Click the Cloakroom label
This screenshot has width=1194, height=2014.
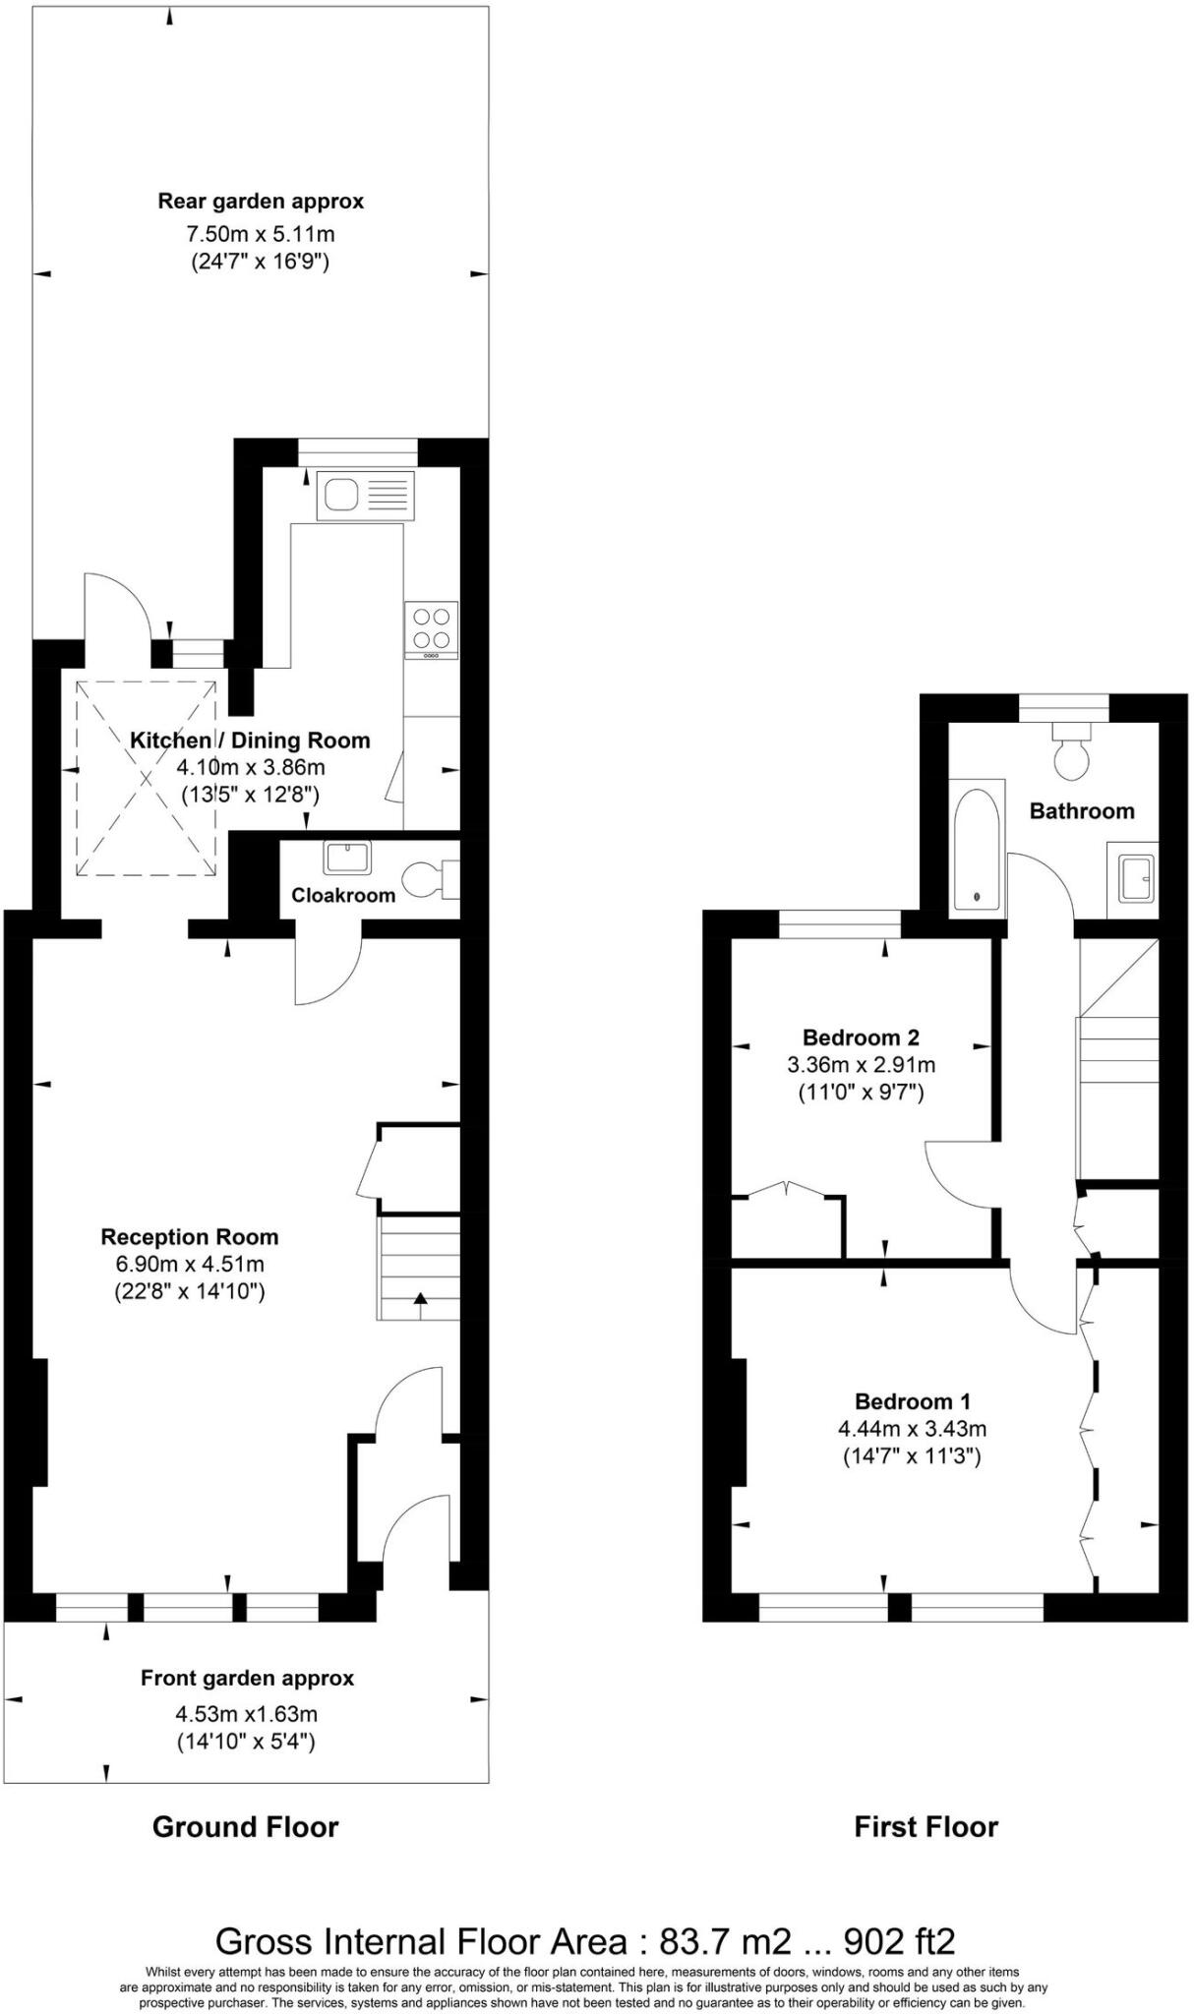coord(343,895)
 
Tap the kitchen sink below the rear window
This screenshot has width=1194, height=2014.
coord(365,495)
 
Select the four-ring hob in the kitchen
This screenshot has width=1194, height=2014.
coord(431,628)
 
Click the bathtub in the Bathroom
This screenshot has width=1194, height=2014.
coord(978,847)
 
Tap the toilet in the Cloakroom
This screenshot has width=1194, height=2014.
coord(429,879)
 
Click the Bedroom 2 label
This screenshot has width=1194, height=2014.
coord(861,1037)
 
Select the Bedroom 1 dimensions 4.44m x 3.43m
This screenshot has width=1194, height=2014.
coord(912,1429)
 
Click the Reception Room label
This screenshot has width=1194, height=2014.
coord(190,1237)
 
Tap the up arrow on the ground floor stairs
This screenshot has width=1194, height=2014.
coord(420,1300)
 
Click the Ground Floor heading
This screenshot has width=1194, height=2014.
coord(245,1827)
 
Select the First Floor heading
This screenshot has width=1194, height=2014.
coord(925,1827)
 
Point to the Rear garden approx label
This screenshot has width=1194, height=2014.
coord(261,202)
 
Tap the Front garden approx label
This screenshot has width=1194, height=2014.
coord(247,1679)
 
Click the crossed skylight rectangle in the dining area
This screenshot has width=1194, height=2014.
coord(146,778)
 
